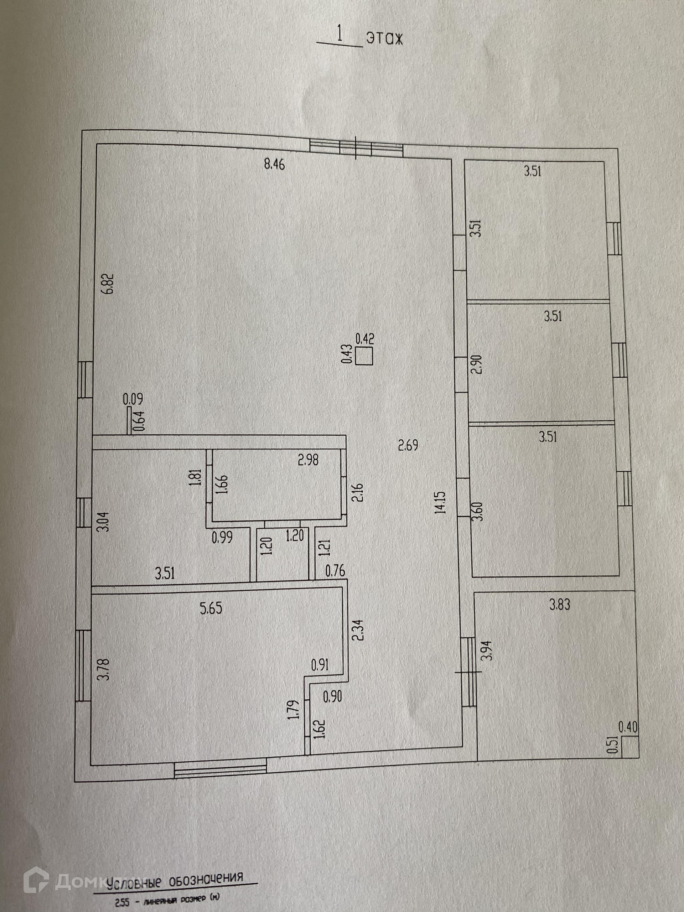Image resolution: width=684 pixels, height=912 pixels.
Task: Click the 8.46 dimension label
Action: [x=274, y=165]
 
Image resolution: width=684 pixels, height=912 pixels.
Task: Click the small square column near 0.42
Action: [x=364, y=356]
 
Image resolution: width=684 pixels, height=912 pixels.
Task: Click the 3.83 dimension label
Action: [x=559, y=605]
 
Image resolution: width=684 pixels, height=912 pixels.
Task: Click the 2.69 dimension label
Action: [x=408, y=445]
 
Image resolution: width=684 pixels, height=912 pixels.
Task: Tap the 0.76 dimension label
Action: [x=335, y=571]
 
